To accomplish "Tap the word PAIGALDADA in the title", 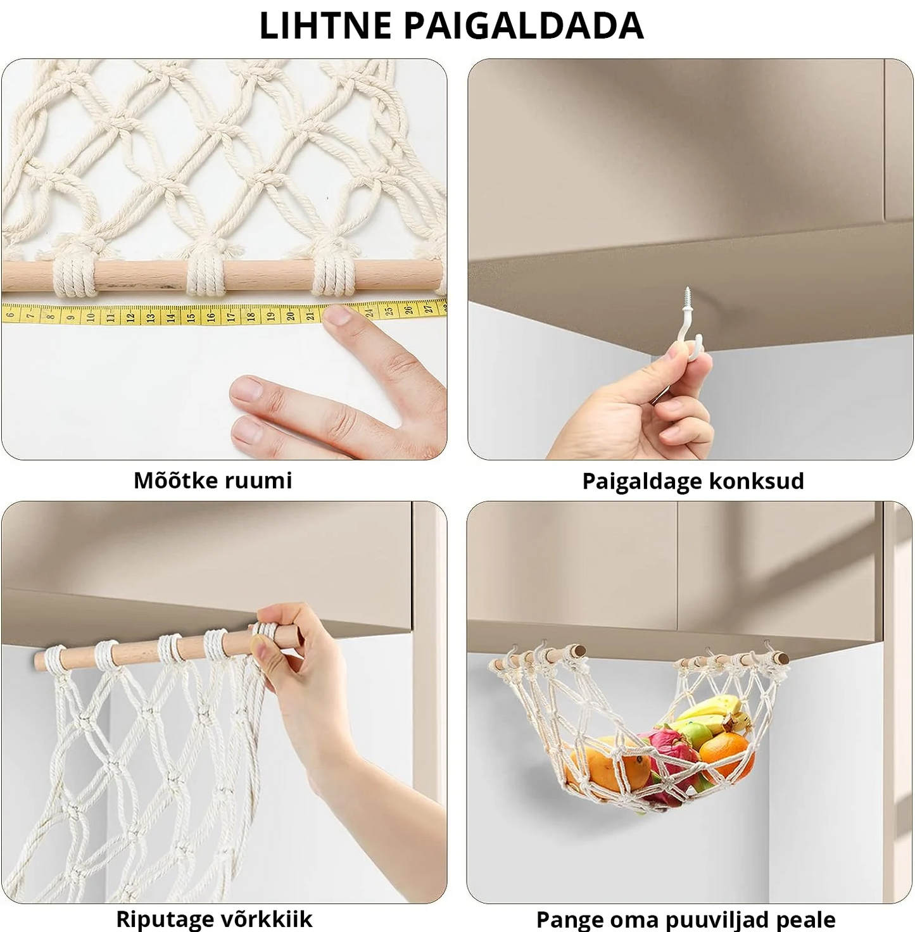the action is click(524, 25).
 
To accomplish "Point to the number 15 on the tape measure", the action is click(191, 317).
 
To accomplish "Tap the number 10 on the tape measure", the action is click(91, 317).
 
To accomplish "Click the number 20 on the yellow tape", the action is click(290, 317).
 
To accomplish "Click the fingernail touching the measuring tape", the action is click(338, 315).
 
